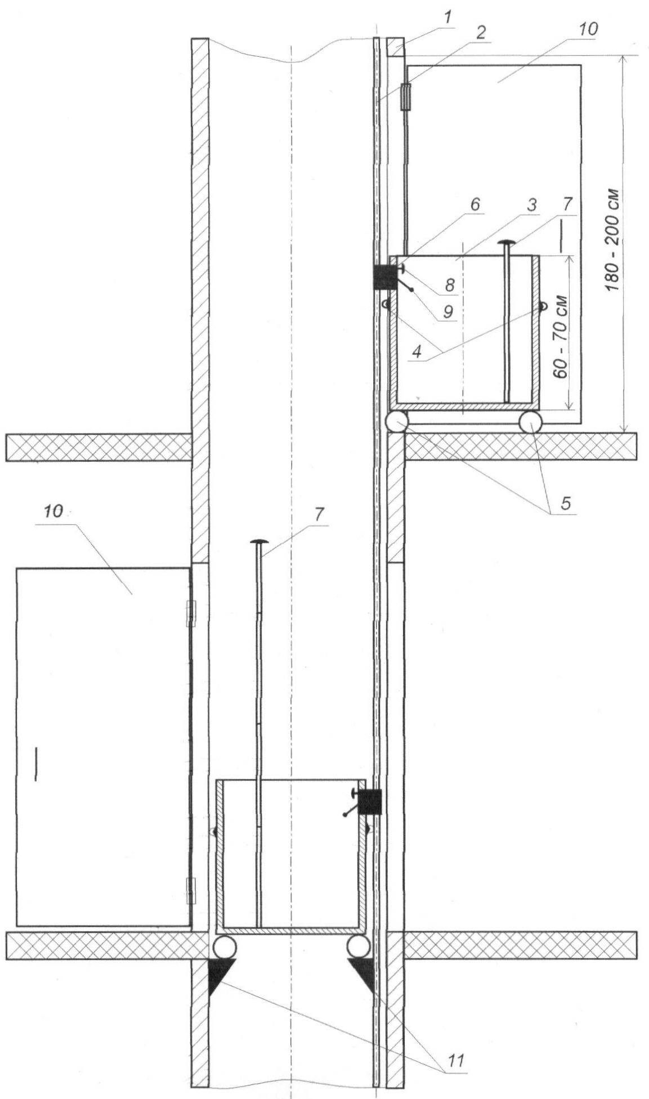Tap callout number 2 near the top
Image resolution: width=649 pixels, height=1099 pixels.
coord(480,32)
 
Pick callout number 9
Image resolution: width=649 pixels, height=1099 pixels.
coord(447,312)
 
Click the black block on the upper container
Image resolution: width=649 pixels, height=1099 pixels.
coord(386,277)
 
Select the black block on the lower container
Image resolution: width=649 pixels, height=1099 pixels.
coord(370,801)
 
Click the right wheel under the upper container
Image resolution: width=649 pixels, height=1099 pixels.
coord(531,422)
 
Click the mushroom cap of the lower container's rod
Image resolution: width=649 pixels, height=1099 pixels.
coord(260,542)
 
